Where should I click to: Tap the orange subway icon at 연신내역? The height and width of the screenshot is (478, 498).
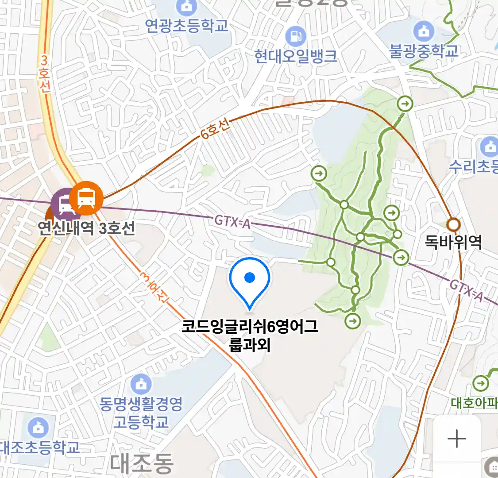tap(86, 197)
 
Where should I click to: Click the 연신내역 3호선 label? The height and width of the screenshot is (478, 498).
tap(86, 228)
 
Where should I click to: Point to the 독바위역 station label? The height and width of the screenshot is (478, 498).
tap(453, 242)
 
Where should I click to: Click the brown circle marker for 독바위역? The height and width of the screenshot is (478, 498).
tap(453, 225)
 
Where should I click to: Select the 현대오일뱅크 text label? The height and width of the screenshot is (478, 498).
tap(296, 56)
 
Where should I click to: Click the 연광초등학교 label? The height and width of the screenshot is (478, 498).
tap(187, 25)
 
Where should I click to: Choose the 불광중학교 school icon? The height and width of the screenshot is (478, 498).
tap(424, 31)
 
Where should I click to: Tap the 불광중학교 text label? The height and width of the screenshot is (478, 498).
tap(424, 51)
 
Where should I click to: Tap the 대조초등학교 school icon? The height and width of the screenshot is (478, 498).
tap(39, 428)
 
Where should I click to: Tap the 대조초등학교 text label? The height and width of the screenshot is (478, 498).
tap(40, 447)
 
